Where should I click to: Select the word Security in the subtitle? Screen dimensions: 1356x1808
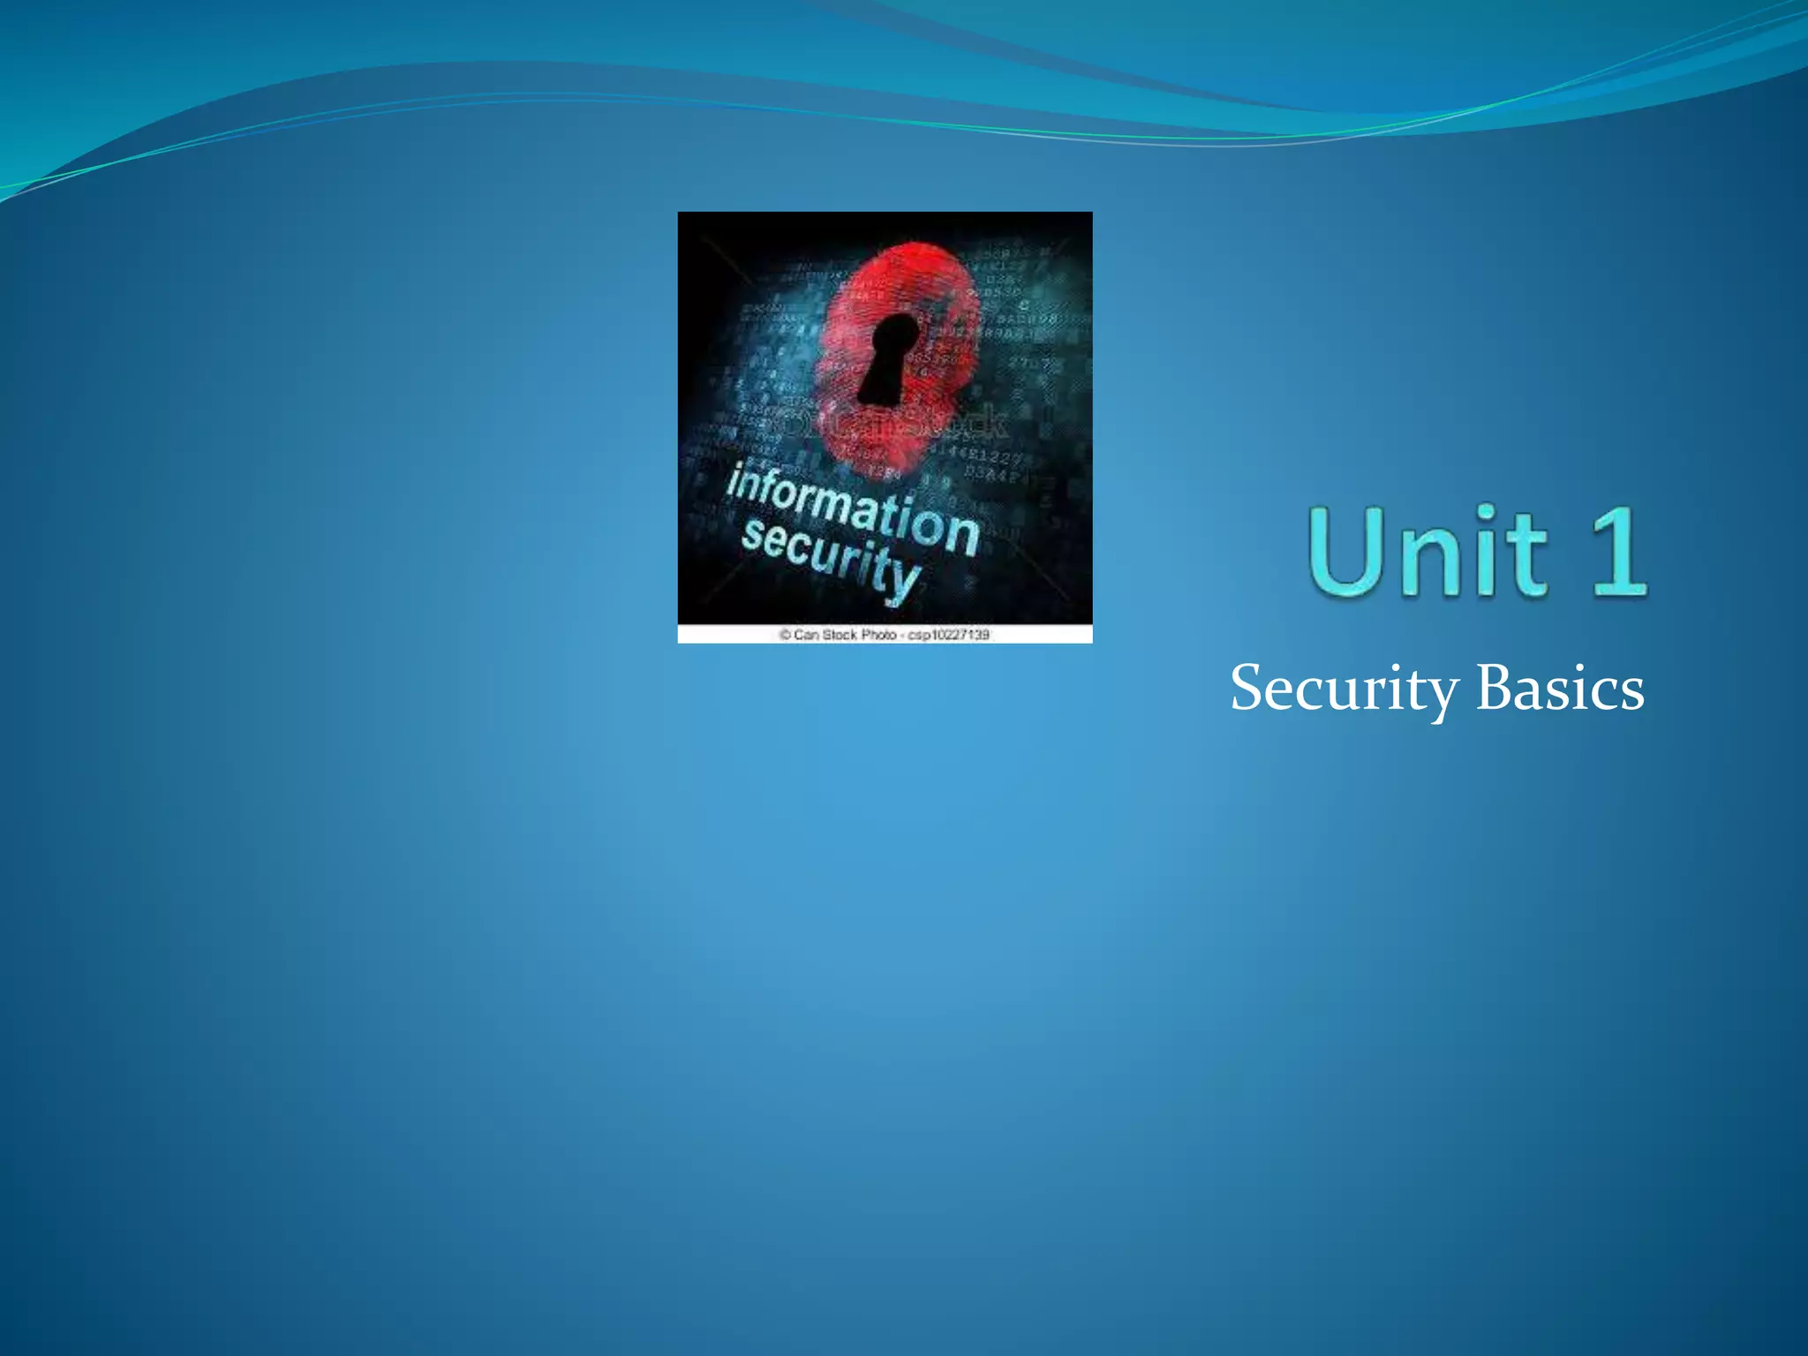coord(1344,689)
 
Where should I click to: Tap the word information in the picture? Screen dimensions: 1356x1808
coord(853,510)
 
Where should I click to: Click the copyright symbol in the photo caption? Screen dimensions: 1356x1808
coord(784,635)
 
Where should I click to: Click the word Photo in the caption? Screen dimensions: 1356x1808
coord(879,635)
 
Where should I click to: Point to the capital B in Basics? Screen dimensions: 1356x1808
coord(1494,688)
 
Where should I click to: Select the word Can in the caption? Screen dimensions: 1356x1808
coord(806,635)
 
